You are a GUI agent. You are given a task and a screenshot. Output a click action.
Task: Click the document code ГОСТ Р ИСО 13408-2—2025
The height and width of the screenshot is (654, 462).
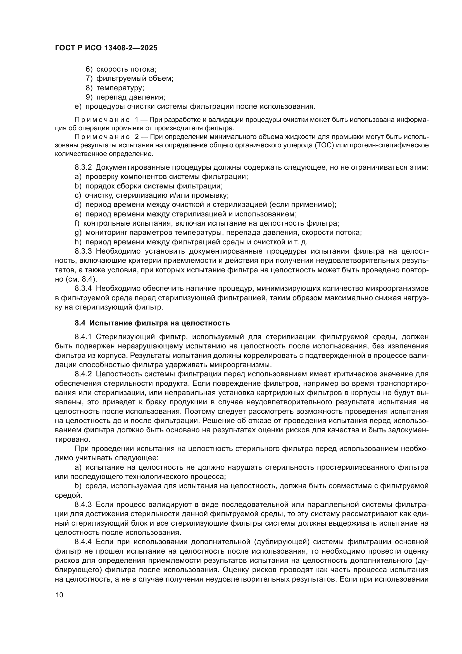tap(106, 48)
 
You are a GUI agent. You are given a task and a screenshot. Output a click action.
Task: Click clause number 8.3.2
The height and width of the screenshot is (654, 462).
tap(83, 167)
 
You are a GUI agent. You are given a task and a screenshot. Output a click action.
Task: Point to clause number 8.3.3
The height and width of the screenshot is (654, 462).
tap(83, 251)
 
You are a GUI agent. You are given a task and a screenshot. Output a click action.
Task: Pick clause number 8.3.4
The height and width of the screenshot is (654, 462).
tap(83, 289)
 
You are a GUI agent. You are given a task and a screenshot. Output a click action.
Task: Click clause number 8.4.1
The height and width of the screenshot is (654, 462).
tap(83, 337)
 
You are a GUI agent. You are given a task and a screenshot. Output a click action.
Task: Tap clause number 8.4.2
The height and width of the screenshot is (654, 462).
tap(83, 374)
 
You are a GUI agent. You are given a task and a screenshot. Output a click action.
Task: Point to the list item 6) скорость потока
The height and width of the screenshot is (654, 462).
tap(121, 69)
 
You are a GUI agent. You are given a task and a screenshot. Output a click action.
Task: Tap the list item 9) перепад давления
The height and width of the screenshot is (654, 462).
tap(125, 97)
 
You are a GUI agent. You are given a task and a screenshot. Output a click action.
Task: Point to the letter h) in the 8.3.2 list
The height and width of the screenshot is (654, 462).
tap(78, 242)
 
